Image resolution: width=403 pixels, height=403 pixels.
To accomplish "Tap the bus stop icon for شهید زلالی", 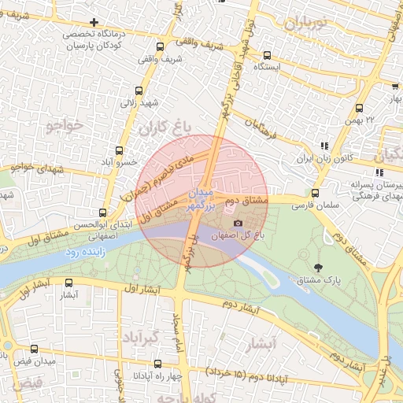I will (139, 91).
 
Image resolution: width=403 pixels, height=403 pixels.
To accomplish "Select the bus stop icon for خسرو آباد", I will (119, 150).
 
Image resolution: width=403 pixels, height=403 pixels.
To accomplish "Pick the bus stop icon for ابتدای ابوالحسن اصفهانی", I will (102, 213).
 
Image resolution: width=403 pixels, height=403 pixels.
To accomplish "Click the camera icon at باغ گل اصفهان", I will (238, 224).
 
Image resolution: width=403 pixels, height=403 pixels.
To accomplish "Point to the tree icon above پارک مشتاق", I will (318, 268).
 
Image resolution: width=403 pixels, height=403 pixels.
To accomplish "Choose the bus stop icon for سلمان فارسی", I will (316, 194).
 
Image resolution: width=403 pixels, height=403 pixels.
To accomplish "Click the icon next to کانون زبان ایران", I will (324, 146).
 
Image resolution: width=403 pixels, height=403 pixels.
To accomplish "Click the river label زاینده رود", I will (81, 253).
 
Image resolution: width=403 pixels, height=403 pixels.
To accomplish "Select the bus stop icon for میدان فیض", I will (33, 349).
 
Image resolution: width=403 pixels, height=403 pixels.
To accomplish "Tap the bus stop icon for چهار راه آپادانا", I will (157, 364).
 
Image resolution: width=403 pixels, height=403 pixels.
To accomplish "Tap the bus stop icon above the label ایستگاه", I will (267, 55).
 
